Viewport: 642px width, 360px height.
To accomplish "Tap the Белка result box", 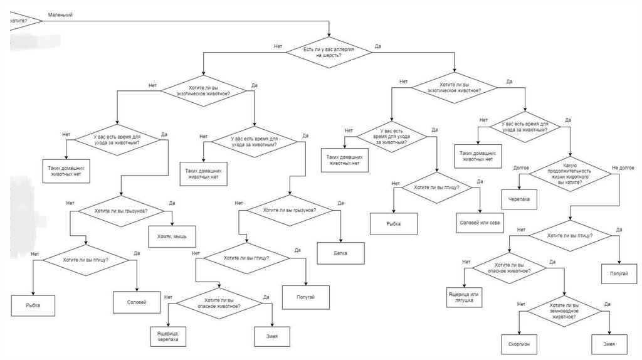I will click(340, 253).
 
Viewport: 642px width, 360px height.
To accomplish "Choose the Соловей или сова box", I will click(480, 223).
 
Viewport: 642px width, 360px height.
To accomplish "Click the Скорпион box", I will click(520, 344).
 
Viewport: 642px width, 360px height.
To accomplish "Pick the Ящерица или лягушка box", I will click(465, 297).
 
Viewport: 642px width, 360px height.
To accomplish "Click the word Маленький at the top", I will click(60, 14).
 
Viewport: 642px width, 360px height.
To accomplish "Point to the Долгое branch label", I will click(521, 168).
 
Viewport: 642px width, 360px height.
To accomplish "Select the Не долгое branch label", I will click(623, 168).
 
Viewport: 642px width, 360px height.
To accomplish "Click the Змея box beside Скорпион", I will click(609, 344).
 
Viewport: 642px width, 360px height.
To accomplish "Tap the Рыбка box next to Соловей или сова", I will click(394, 223).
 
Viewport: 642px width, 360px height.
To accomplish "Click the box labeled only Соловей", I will click(137, 302).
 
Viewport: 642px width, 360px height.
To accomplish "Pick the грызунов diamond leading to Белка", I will click(288, 211).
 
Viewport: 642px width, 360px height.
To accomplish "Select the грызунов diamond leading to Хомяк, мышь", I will click(121, 211).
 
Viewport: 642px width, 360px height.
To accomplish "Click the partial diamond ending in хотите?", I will click(22, 21).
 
